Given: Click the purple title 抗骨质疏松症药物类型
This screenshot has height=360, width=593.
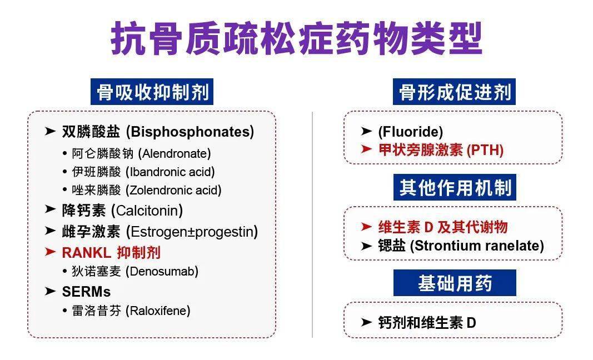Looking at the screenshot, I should [296, 38].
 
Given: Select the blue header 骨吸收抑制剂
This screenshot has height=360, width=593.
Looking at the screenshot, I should [152, 92].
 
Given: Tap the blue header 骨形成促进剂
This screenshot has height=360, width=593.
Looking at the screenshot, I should [455, 92].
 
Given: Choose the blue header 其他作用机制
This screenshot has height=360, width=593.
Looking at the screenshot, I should [455, 188].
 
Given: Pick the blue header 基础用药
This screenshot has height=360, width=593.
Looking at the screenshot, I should [455, 283].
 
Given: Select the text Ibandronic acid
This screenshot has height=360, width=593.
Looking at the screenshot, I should [170, 172].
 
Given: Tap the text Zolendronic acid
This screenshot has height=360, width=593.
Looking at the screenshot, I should [173, 190].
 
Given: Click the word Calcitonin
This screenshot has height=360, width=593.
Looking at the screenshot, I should [147, 211].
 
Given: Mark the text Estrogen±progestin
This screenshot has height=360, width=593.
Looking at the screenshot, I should [192, 231].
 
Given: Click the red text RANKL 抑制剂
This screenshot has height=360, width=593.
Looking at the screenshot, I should [111, 252].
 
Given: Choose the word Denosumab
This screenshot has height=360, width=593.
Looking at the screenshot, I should [162, 271].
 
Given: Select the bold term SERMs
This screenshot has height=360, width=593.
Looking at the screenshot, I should [86, 292].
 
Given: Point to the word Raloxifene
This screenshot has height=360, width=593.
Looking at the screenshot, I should [158, 311].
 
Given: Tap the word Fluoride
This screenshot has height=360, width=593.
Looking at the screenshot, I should [411, 132].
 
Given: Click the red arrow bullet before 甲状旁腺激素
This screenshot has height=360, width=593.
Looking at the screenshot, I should [366, 149].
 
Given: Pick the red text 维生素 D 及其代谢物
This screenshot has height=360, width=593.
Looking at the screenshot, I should [442, 227].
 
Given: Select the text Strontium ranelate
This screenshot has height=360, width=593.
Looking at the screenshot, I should [477, 246].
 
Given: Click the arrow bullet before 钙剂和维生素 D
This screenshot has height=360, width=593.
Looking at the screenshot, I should [366, 322].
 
